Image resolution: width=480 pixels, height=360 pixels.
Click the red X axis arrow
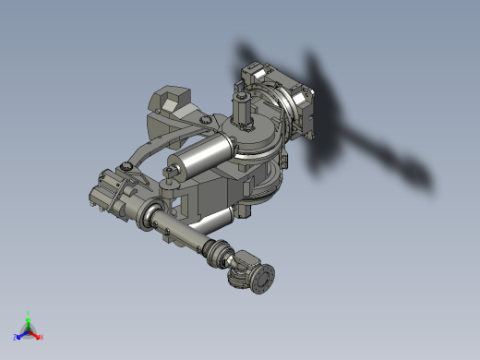pyautogui.click(x=36, y=334)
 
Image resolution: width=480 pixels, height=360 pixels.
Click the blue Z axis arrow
pyautogui.click(x=22, y=334)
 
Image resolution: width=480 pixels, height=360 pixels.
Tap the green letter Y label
pyautogui.click(x=29, y=313)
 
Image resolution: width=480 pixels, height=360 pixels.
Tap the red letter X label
pyautogui.click(x=42, y=337)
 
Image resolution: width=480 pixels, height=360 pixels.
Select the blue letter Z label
pyautogui.click(x=16, y=337)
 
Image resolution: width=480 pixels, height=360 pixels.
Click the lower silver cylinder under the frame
pyautogui.click(x=211, y=222)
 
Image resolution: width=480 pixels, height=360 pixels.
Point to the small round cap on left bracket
pyautogui.click(x=123, y=167)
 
